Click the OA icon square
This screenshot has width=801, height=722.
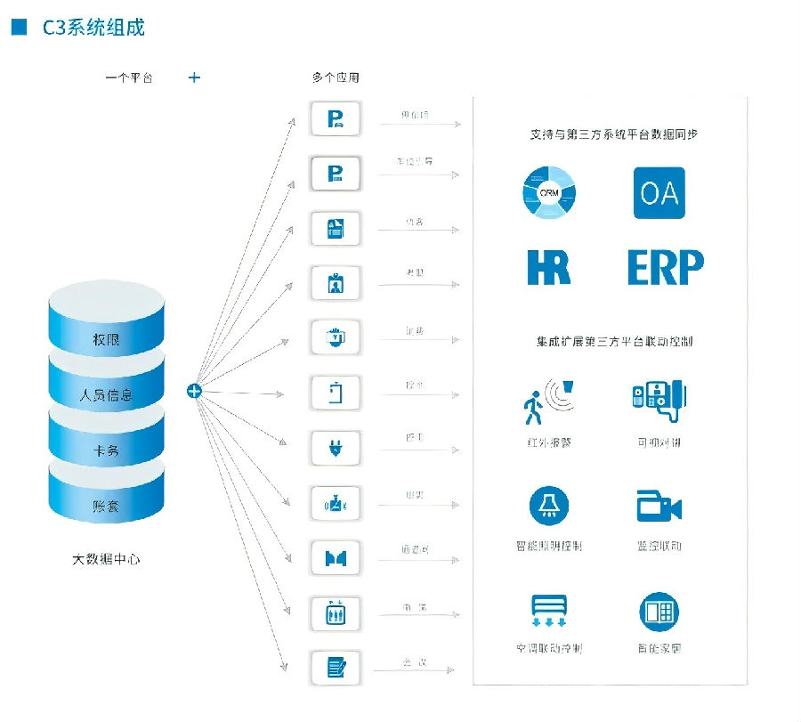(x=659, y=192)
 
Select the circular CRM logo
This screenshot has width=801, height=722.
(x=549, y=192)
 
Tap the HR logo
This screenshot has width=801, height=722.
(x=548, y=266)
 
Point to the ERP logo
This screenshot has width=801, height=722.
(x=665, y=266)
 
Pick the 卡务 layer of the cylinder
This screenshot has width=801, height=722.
(x=107, y=450)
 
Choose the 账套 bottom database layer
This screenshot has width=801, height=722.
(x=107, y=505)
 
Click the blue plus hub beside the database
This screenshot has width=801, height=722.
(x=194, y=390)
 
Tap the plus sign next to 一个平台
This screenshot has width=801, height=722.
(x=194, y=77)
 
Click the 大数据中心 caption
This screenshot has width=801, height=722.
(x=106, y=559)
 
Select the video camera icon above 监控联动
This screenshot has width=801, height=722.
(x=659, y=507)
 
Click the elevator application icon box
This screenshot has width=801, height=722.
(x=336, y=612)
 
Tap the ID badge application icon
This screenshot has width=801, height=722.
(x=336, y=283)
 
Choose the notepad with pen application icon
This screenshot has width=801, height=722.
(x=336, y=667)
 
